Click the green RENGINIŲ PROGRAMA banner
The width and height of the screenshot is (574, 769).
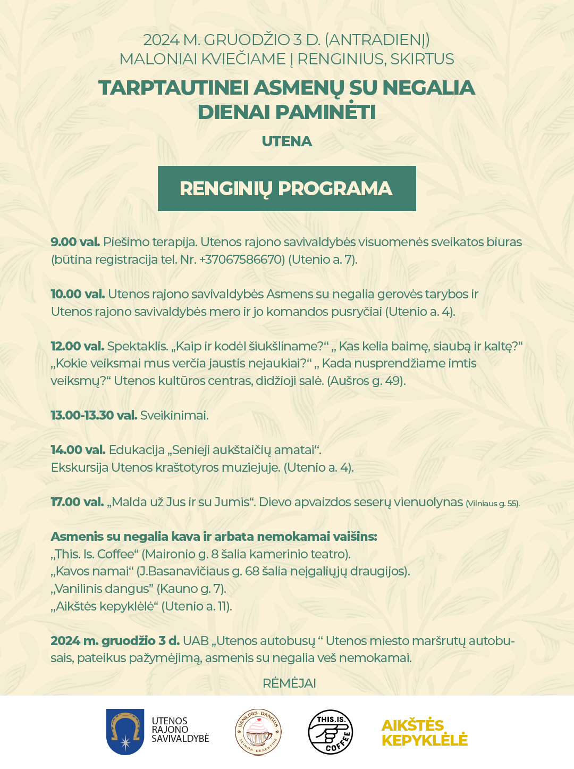click(286, 189)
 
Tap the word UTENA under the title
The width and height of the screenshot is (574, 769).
click(286, 141)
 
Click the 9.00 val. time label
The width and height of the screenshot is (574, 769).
click(75, 242)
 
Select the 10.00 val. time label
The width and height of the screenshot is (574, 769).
click(78, 294)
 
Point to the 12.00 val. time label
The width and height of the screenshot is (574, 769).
click(77, 346)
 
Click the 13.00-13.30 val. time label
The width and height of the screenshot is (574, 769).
click(94, 415)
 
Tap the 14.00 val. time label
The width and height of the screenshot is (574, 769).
click(78, 450)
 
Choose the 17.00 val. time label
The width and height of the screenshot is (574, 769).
click(77, 502)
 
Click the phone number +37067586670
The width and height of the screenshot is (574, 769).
click(241, 260)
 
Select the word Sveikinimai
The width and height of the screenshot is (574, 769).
click(174, 415)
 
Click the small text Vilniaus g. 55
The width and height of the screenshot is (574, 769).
click(493, 503)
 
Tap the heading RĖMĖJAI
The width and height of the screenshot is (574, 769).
click(289, 683)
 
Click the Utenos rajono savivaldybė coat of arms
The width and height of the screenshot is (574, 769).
click(125, 732)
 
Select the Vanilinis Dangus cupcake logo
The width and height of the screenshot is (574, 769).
click(258, 732)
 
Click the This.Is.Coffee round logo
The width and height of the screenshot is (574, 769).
click(331, 732)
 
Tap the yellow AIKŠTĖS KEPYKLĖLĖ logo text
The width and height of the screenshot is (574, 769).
click(424, 733)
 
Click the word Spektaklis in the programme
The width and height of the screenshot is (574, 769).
click(137, 346)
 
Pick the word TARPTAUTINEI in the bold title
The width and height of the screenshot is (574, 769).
click(173, 88)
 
